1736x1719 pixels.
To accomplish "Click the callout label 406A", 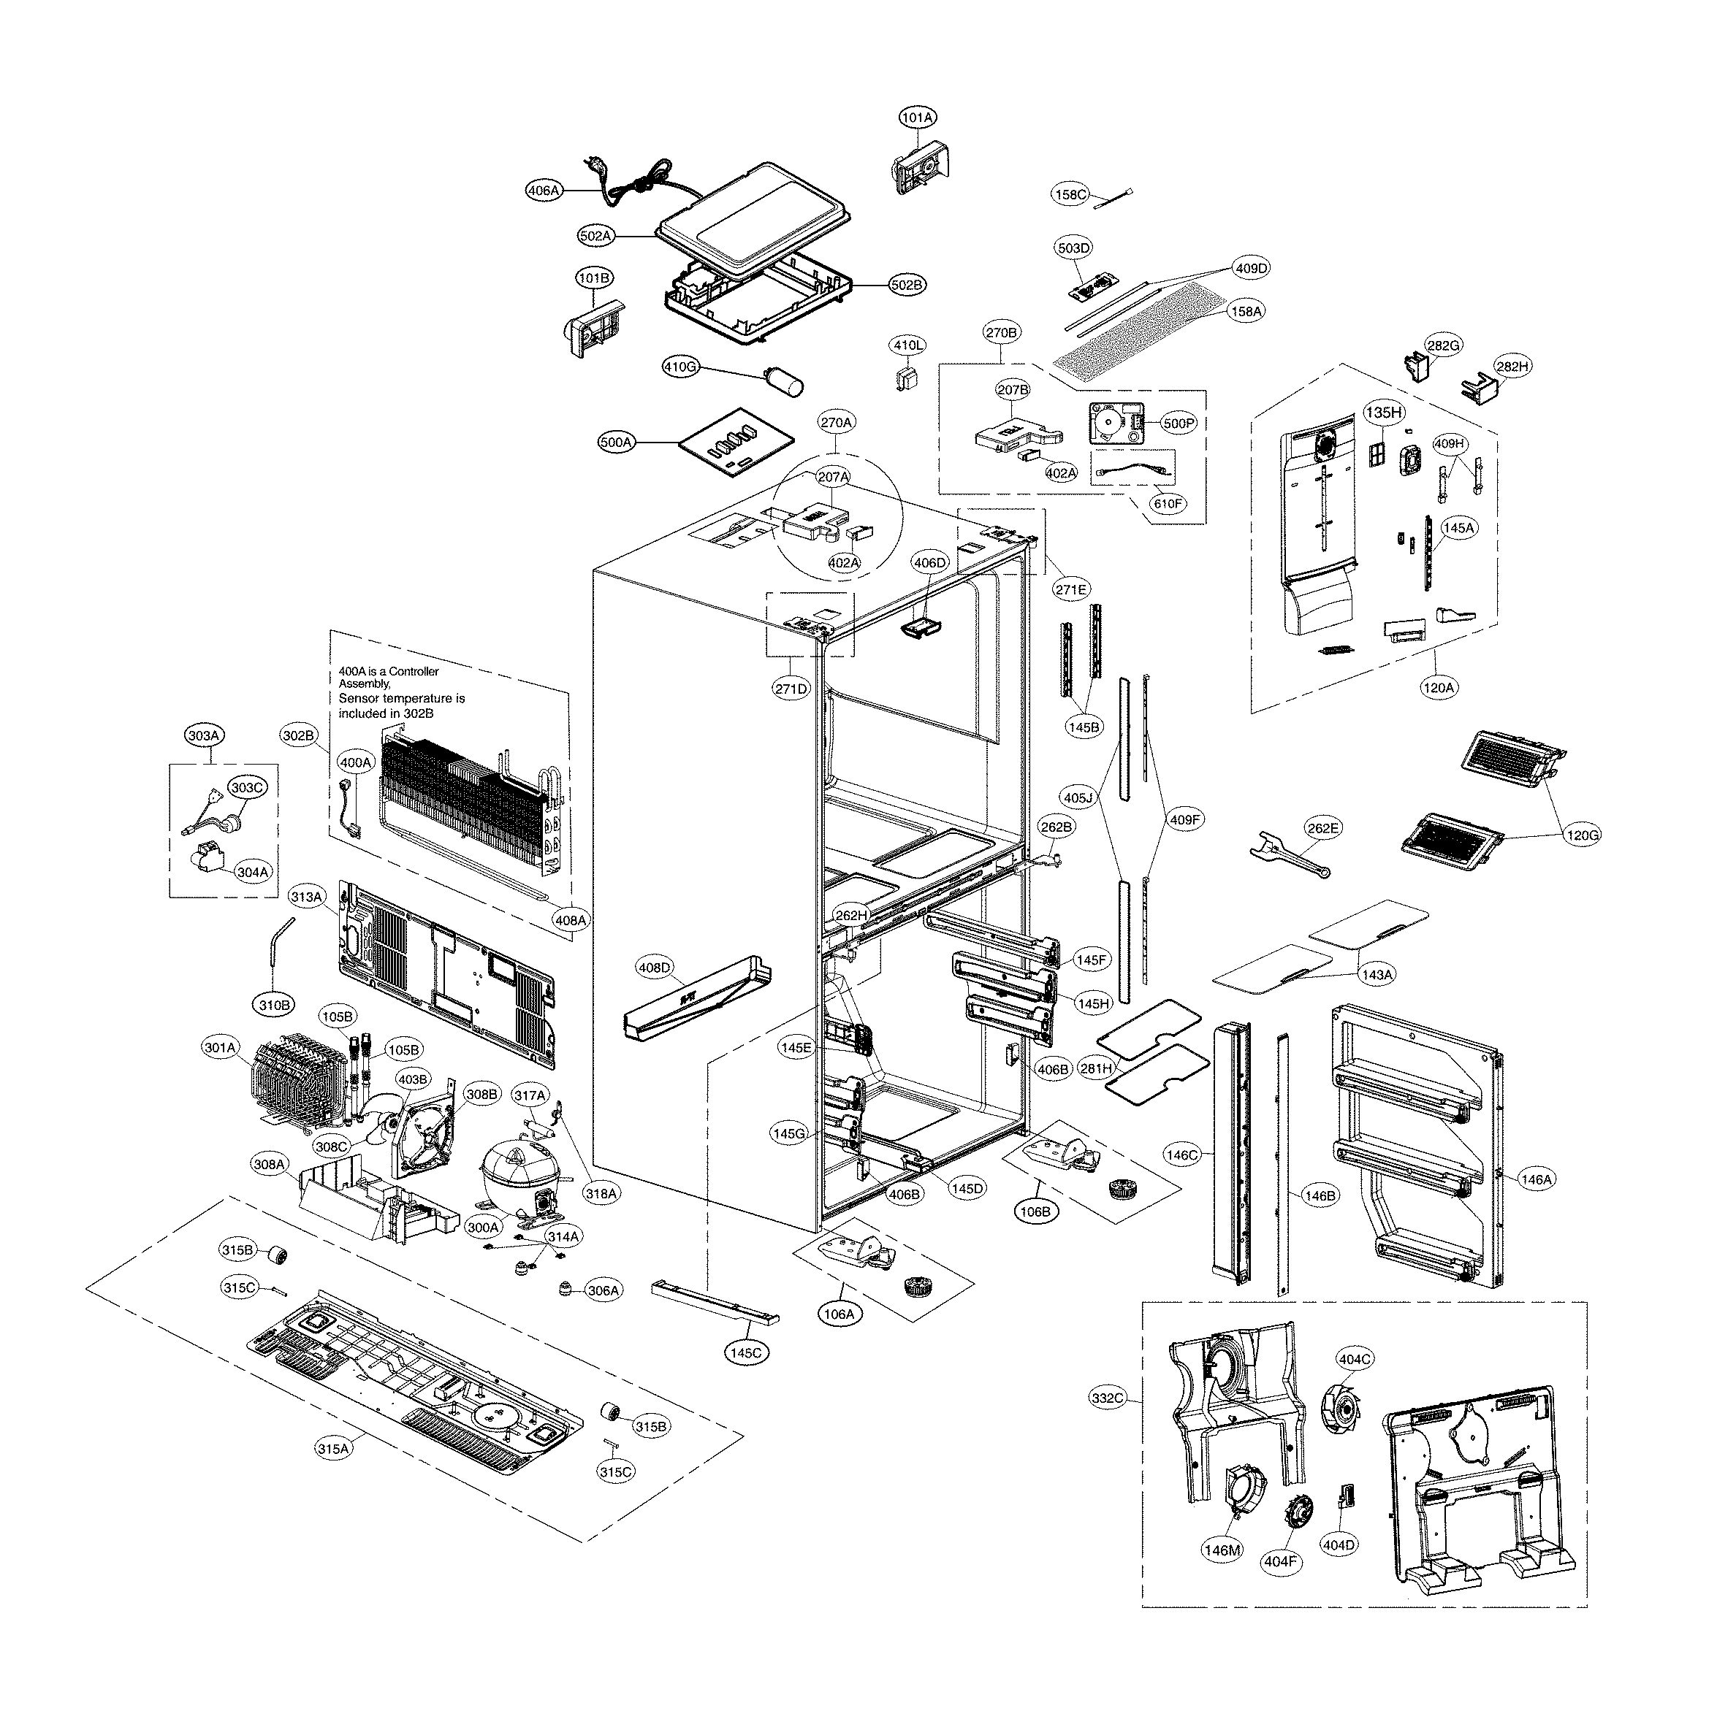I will (544, 191).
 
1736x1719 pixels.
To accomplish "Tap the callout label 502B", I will (907, 285).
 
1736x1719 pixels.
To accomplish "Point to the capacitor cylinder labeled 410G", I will (785, 380).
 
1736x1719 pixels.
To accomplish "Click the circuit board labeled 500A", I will (736, 441).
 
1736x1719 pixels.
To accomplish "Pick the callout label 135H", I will (1384, 413).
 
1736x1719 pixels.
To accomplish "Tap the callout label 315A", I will (333, 1449).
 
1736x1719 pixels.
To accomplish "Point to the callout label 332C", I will (1107, 1398).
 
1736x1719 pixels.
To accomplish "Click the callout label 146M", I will (1222, 1550).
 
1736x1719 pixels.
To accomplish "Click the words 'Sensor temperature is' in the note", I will (402, 698).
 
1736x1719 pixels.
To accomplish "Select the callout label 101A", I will (918, 118).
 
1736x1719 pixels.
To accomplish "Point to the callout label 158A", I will (1246, 311).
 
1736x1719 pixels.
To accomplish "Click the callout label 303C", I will (247, 788).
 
